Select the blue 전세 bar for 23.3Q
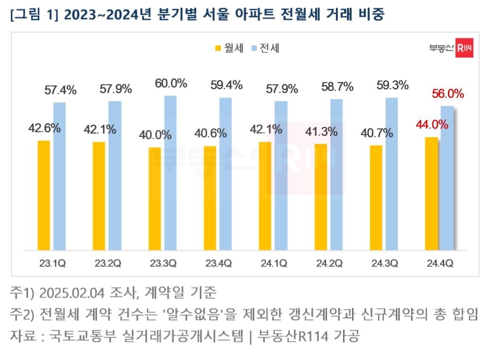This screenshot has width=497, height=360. pos(170,173)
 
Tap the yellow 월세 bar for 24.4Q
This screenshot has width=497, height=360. pos(431,193)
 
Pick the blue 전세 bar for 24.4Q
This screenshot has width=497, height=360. pos(447,178)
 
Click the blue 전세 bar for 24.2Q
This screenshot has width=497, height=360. pos(337,175)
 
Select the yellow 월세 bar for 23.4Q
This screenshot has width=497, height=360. pos(210,198)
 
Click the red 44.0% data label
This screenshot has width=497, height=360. pos(431,125)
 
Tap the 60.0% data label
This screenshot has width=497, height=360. pos(170,83)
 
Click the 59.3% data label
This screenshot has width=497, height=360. pos(392,86)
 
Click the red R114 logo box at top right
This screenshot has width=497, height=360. pos(464,49)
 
